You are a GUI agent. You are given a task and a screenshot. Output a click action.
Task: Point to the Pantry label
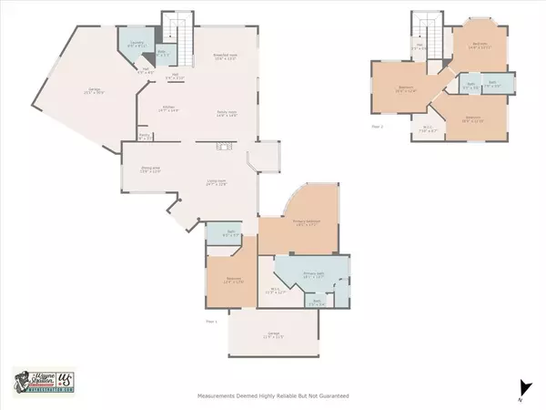[x=145, y=138]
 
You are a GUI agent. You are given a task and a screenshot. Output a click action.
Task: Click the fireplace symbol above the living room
[x=224, y=147]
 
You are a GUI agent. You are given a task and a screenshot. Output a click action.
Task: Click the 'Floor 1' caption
[x=211, y=321]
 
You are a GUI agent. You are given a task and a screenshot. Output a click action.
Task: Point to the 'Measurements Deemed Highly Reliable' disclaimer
[x=273, y=396]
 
